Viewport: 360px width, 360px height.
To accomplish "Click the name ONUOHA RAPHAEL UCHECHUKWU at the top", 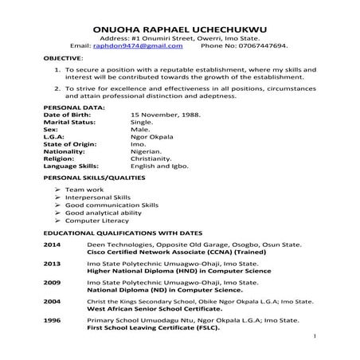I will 179,26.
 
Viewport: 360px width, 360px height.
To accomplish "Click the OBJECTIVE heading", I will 63,59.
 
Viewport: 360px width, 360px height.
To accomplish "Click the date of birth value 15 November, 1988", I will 165,115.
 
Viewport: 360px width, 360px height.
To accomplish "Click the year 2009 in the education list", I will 52,282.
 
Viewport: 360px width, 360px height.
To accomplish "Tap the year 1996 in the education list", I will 52,322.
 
